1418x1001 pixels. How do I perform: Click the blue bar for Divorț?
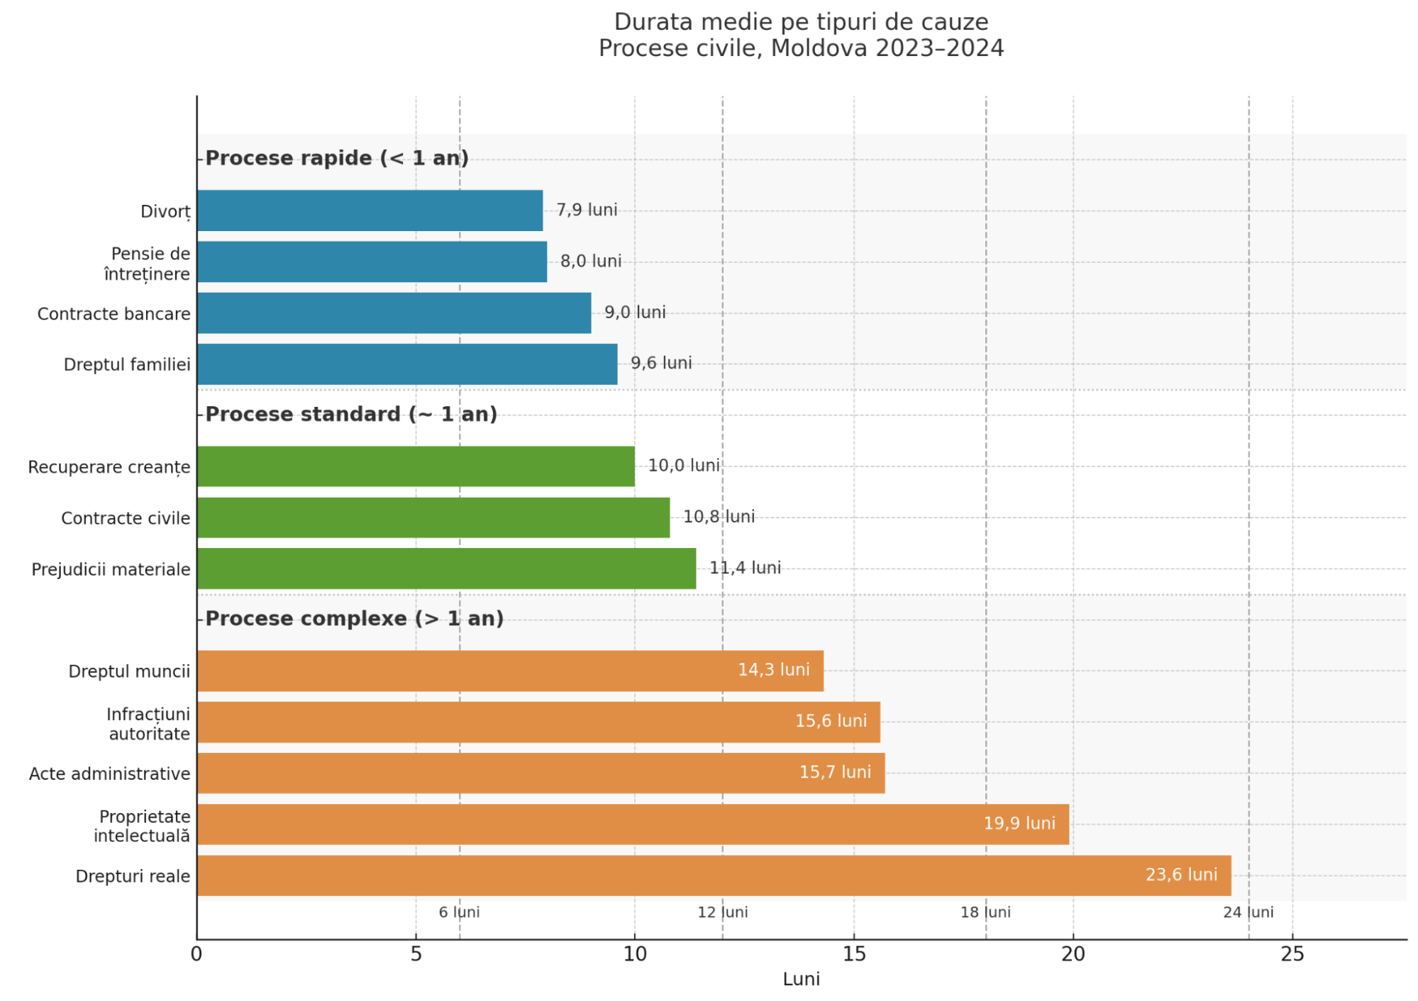click(x=370, y=211)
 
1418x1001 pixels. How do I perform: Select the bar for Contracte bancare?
click(x=394, y=313)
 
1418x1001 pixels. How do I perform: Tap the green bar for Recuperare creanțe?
click(x=416, y=466)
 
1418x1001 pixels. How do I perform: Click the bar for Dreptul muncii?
click(x=510, y=671)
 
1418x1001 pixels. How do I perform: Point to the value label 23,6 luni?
click(x=1181, y=875)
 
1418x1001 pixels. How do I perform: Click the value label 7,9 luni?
click(x=587, y=210)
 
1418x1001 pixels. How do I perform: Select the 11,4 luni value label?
click(x=745, y=568)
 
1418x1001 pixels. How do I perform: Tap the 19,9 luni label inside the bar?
click(x=1019, y=824)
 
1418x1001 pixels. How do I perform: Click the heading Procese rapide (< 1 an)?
click(x=337, y=158)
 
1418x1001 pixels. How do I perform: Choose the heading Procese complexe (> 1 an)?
click(x=355, y=619)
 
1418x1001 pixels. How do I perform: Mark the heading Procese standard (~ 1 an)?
click(x=351, y=414)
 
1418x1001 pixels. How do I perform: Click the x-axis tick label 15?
click(x=854, y=954)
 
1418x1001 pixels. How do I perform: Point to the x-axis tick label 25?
click(x=1292, y=954)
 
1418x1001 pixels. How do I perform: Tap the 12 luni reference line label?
click(x=722, y=912)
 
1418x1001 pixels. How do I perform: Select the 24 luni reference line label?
click(x=1248, y=912)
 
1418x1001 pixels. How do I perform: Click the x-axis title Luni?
click(x=801, y=979)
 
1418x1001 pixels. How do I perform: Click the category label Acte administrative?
click(x=110, y=773)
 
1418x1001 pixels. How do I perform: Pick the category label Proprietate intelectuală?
click(x=143, y=826)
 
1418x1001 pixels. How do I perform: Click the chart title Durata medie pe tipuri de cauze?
click(x=801, y=22)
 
